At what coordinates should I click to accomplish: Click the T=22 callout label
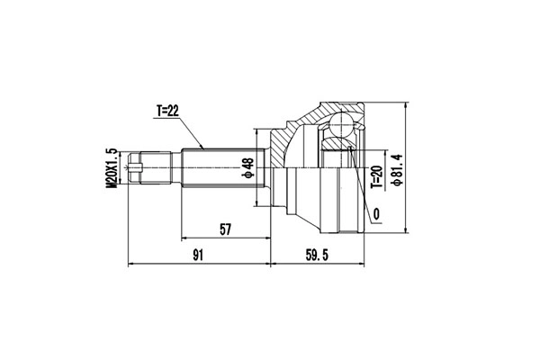click(x=168, y=111)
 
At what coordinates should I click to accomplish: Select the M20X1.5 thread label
click(x=112, y=166)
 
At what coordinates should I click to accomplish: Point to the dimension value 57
click(x=226, y=229)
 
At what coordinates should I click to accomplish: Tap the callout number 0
click(x=374, y=212)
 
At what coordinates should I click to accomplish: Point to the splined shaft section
click(x=225, y=166)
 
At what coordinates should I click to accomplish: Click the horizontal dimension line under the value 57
click(x=226, y=240)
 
